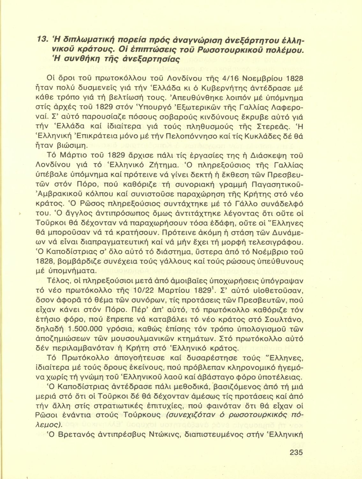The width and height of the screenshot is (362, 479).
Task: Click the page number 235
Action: (296, 452)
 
